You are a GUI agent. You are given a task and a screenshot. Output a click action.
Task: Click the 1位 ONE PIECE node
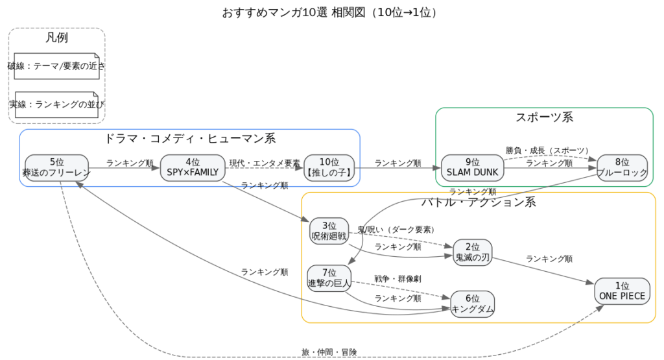tap(622, 291)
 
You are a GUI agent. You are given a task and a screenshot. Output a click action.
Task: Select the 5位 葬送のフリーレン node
tap(56, 167)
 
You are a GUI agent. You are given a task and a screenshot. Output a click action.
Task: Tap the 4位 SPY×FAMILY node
tap(193, 167)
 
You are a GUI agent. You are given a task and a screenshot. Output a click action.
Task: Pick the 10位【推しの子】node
tap(329, 167)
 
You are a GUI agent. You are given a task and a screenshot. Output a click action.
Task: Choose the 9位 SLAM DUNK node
tap(472, 167)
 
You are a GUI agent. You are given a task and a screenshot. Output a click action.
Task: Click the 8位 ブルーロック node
tap(622, 167)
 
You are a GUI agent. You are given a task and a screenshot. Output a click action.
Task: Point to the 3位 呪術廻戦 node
tap(329, 232)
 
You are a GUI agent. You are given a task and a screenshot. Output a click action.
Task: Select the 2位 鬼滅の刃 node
tap(472, 252)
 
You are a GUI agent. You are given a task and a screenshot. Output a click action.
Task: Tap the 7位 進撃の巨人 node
tap(329, 278)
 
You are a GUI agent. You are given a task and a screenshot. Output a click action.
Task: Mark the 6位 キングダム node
tap(472, 304)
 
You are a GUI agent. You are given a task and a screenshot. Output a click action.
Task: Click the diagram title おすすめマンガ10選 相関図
tap(331, 13)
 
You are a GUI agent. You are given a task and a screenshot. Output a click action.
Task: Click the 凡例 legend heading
tap(56, 38)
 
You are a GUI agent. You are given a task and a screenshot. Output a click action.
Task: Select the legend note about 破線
tap(56, 66)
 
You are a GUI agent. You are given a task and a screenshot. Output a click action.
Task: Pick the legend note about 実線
tap(56, 104)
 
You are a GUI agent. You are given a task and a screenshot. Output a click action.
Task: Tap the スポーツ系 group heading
tap(544, 117)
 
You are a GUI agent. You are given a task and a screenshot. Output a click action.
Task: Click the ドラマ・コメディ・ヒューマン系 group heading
tap(189, 138)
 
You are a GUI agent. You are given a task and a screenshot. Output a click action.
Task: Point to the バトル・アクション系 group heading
tap(479, 202)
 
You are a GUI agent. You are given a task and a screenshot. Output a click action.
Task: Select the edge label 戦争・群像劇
tap(397, 279)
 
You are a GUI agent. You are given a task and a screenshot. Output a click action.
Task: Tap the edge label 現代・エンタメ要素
tap(265, 163)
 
